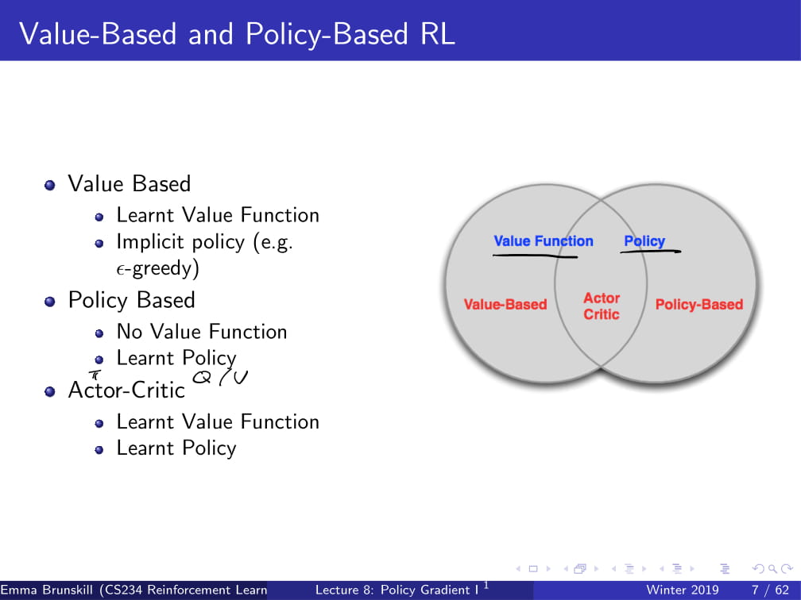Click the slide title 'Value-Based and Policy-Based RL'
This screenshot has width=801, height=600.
point(237,34)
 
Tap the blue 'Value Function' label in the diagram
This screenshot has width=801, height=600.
point(544,241)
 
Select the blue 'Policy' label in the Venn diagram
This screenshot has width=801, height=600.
point(644,241)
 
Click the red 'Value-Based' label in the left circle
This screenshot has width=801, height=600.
point(505,304)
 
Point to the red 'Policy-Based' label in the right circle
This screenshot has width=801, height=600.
point(699,304)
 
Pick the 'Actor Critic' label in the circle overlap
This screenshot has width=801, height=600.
point(602,306)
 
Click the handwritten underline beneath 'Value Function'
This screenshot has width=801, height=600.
point(534,256)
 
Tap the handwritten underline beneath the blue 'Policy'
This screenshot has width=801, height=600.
point(650,252)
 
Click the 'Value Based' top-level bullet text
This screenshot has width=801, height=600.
point(130,184)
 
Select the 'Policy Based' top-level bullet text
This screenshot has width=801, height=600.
point(131,300)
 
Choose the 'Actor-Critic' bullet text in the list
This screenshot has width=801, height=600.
point(126,390)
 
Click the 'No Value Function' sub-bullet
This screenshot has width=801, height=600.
point(202,332)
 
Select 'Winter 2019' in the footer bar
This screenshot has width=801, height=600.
point(683,590)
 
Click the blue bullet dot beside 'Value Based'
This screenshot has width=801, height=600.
point(50,185)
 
